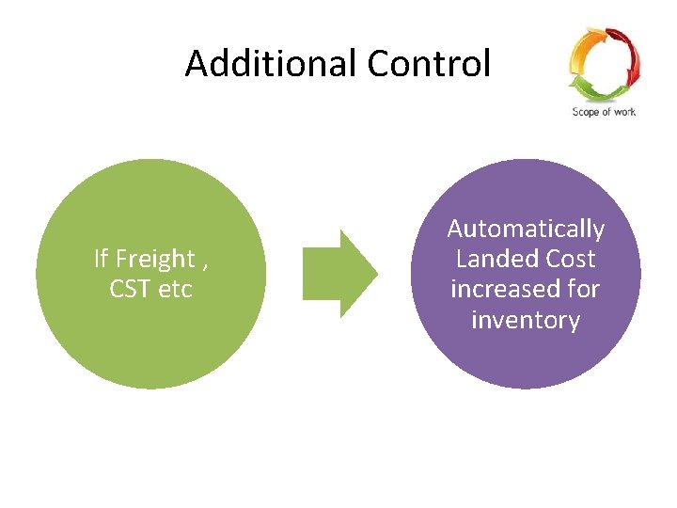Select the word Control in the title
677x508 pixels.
(x=429, y=64)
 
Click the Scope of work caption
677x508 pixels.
(x=603, y=112)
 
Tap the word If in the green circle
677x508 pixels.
(x=102, y=259)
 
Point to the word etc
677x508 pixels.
(x=175, y=289)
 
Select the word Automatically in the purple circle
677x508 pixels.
(x=526, y=229)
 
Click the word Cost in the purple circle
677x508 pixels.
(x=565, y=259)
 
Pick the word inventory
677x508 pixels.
(x=526, y=320)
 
